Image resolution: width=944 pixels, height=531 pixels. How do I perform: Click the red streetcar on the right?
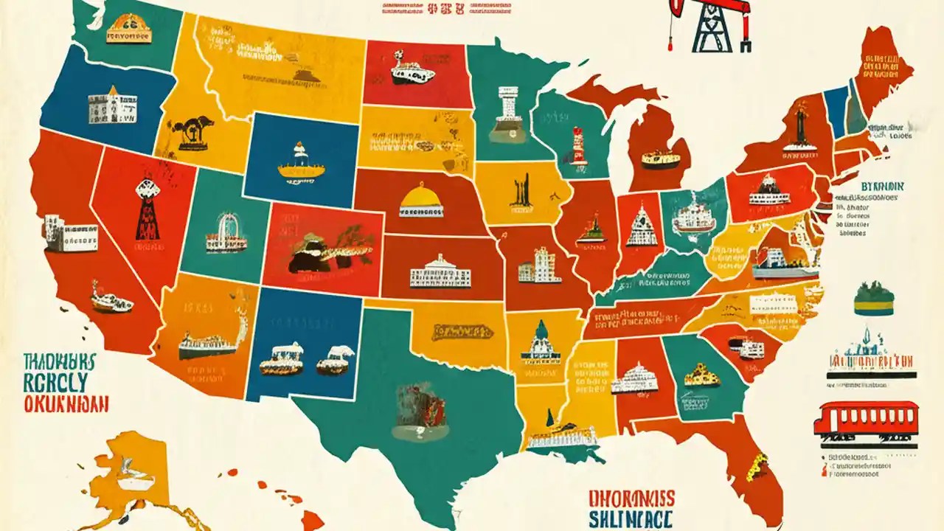(x=866, y=419)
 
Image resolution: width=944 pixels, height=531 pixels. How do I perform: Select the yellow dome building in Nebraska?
(x=421, y=201)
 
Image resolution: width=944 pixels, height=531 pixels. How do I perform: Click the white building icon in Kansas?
(x=440, y=272)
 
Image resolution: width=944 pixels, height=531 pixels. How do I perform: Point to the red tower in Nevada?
(x=147, y=211)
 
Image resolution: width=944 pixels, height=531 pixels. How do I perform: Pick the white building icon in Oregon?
(x=112, y=107)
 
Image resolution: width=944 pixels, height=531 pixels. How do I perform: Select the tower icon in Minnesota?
(x=508, y=114)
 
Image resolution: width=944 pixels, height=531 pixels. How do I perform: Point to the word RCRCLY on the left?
(x=55, y=382)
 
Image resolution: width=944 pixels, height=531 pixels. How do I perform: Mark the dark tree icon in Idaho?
(x=190, y=132)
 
